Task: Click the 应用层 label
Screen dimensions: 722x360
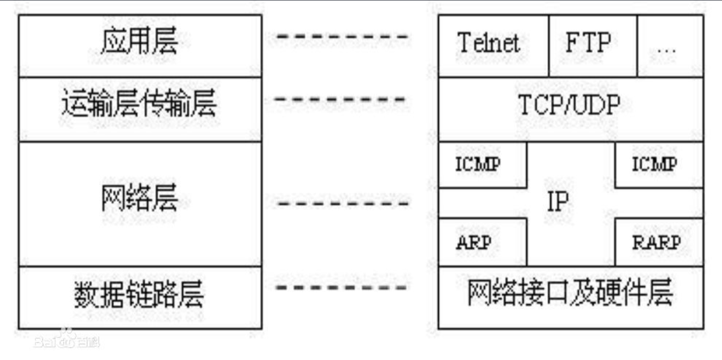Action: click(x=139, y=41)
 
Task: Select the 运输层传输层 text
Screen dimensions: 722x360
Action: click(x=139, y=103)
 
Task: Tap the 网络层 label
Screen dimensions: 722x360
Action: click(x=139, y=198)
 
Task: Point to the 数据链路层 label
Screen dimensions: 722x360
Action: click(x=139, y=294)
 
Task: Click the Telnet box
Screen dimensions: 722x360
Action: click(x=493, y=46)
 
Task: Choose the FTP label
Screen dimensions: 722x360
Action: click(x=588, y=42)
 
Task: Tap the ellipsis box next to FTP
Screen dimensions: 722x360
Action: click(x=670, y=46)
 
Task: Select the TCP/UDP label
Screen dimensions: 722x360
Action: click(x=569, y=104)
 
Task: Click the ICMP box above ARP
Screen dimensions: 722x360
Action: click(x=483, y=165)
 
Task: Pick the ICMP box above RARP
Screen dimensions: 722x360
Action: click(x=659, y=165)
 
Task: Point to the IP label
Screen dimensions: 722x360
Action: click(x=558, y=201)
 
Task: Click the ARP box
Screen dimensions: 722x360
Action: click(x=483, y=242)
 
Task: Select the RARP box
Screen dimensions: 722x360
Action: click(x=659, y=242)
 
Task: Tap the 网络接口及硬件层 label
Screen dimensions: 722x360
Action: click(x=570, y=292)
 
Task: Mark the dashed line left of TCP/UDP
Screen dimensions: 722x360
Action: click(x=339, y=99)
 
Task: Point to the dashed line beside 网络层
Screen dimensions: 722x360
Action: click(x=343, y=204)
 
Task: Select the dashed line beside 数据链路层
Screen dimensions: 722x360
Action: click(x=341, y=287)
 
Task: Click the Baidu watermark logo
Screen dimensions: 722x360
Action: click(x=67, y=340)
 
